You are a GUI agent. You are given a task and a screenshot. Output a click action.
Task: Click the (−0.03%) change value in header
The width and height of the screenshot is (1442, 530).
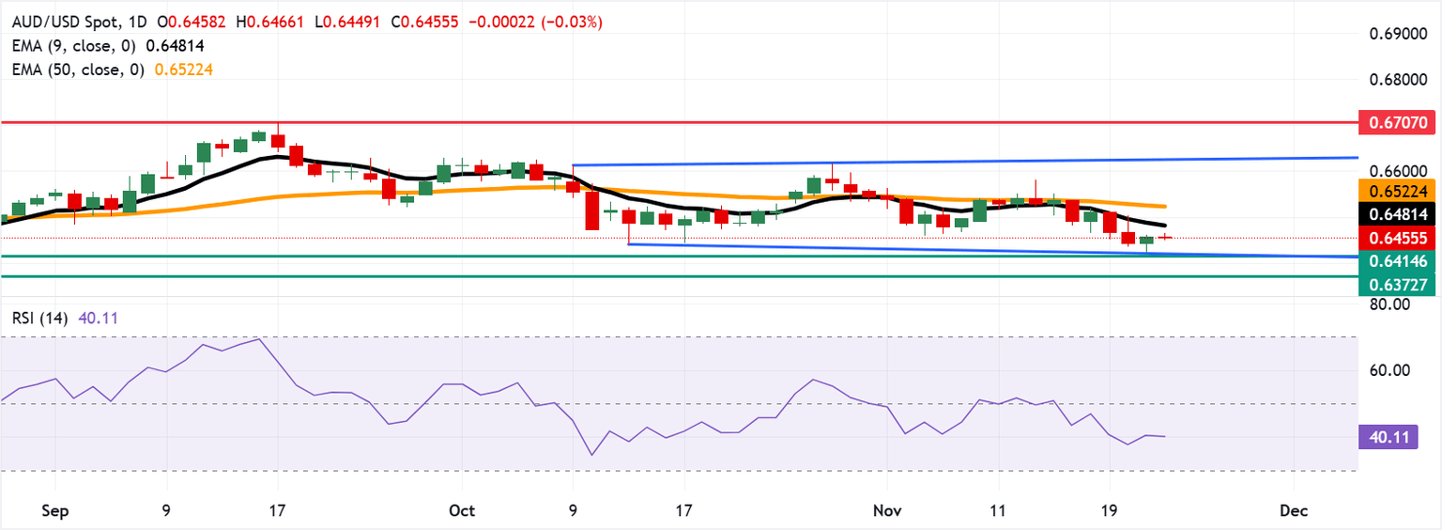571,22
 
